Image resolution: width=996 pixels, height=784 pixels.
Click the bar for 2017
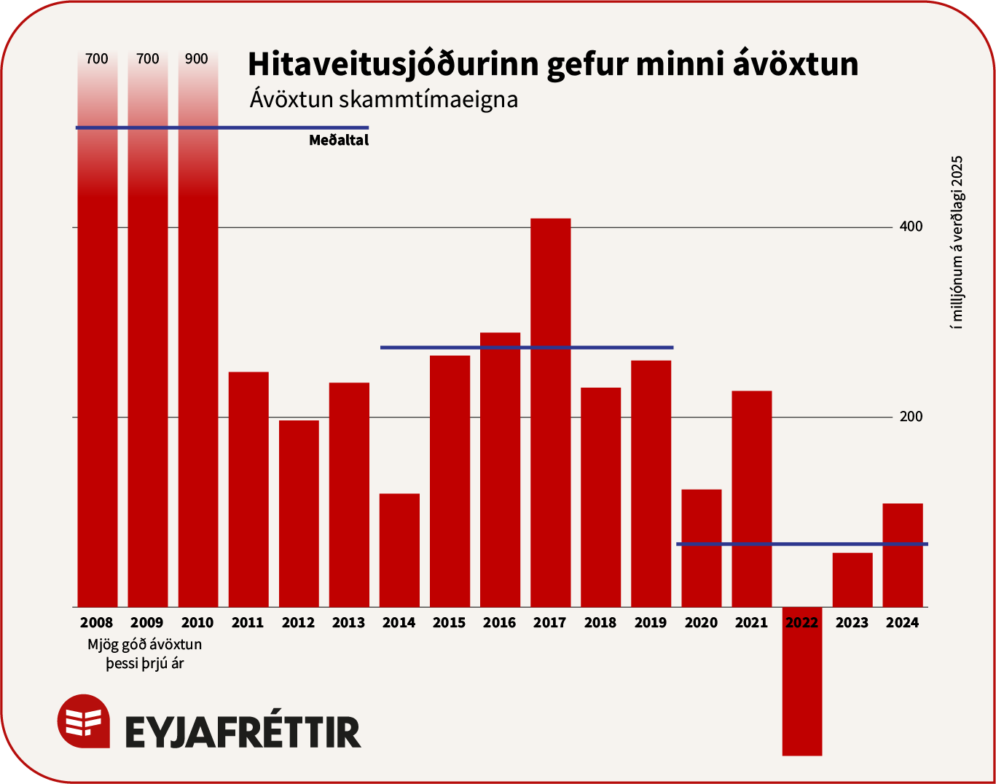(x=550, y=412)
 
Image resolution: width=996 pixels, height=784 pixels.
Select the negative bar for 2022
(x=801, y=681)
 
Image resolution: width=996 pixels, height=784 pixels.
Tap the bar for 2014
(x=399, y=550)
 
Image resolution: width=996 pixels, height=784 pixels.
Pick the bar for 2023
(x=852, y=580)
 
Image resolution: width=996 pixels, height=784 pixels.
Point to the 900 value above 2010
(x=197, y=59)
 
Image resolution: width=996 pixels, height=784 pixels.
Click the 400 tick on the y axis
(x=911, y=227)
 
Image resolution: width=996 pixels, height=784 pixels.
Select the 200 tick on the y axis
(x=911, y=417)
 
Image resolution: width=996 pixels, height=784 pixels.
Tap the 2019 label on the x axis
(x=651, y=623)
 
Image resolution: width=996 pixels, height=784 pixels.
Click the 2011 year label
(x=248, y=623)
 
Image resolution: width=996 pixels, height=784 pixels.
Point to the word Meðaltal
(x=339, y=141)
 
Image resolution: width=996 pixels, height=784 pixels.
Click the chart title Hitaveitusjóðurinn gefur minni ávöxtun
(x=552, y=64)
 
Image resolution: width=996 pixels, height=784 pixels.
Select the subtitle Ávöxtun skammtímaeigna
(x=383, y=99)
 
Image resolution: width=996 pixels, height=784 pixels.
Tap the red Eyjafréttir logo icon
(x=84, y=721)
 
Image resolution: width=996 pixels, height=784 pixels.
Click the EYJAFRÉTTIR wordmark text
(x=243, y=732)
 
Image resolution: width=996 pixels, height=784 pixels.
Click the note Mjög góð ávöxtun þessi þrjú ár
(x=144, y=654)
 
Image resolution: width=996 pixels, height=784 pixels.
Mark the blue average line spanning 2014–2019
(x=527, y=348)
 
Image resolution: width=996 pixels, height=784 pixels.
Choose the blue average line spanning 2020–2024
(x=801, y=544)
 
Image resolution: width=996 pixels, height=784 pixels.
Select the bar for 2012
(x=299, y=513)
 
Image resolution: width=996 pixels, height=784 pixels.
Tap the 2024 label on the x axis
(x=902, y=623)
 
